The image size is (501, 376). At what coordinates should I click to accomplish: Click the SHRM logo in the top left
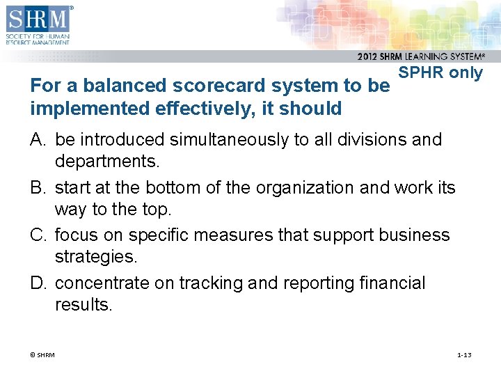38,24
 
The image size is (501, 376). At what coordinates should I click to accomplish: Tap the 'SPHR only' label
440,73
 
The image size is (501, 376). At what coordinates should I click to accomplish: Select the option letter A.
38,140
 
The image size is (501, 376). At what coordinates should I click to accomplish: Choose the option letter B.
38,188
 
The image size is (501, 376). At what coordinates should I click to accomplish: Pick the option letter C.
38,235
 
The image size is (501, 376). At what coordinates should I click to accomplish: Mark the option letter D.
38,283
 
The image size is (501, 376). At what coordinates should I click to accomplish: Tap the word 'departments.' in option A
107,162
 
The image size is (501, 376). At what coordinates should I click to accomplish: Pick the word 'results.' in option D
83,305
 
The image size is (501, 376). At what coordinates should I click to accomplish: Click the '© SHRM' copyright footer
42,355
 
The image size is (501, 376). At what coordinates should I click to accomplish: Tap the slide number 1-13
463,355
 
